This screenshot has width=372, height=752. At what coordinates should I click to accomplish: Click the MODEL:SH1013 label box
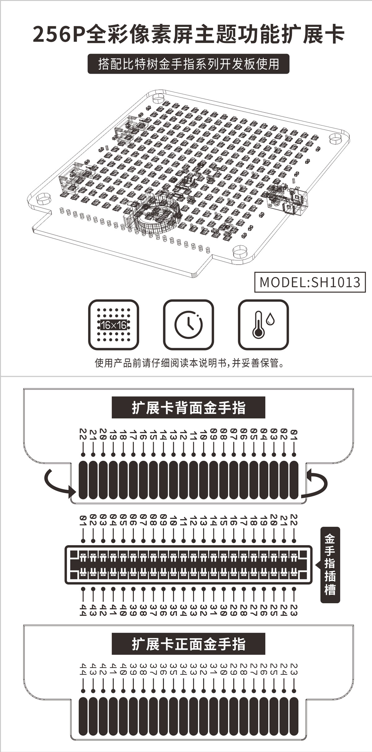click(x=310, y=282)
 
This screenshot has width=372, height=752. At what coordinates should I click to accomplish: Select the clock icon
click(x=188, y=324)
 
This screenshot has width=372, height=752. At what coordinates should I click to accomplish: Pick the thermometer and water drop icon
click(x=263, y=324)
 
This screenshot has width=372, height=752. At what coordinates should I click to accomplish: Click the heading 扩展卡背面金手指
click(x=188, y=407)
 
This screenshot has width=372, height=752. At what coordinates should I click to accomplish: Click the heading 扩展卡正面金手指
click(x=188, y=644)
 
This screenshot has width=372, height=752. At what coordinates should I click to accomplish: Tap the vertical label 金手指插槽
click(x=330, y=565)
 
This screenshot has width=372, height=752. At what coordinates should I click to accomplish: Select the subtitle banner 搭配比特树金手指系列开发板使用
click(x=188, y=64)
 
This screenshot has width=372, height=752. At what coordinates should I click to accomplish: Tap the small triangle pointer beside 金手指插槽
click(x=317, y=565)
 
